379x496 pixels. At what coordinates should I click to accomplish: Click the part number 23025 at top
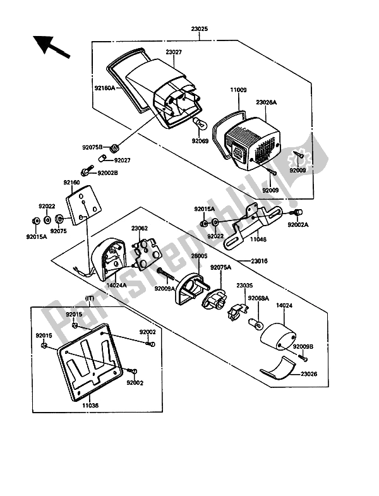pyautogui.click(x=198, y=28)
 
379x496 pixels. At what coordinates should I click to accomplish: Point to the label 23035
pyautogui.click(x=245, y=285)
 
